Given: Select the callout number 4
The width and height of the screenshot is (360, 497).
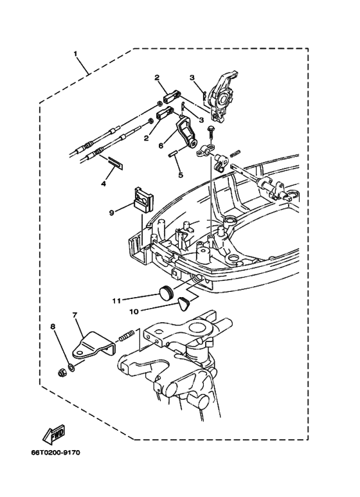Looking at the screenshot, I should point(102,184).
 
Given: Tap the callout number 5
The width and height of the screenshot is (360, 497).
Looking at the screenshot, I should point(180,174).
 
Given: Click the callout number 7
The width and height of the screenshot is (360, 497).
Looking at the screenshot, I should point(75,316).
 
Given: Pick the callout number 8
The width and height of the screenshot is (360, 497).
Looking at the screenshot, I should point(53,327).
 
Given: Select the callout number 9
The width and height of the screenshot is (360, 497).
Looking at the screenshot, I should point(111,212).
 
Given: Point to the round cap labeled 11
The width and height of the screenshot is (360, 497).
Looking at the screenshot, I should point(166,294).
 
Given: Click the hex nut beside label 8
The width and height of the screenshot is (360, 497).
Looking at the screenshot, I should point(61,371).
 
